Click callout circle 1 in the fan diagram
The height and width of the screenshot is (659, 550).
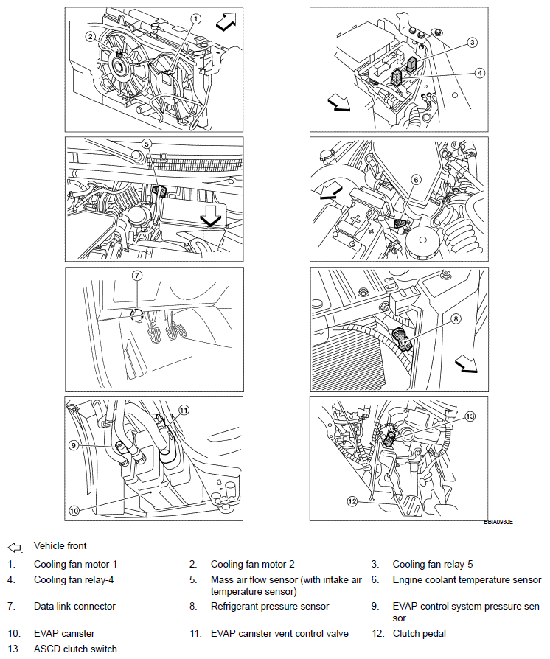[x=195, y=18]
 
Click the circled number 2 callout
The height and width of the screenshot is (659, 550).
[x=89, y=35]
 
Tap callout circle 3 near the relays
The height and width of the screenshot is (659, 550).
[x=472, y=43]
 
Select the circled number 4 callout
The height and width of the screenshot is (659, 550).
[x=479, y=72]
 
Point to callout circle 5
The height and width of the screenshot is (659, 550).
[x=147, y=145]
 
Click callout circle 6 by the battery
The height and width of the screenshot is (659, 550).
[x=415, y=179]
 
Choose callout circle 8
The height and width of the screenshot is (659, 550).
[x=456, y=319]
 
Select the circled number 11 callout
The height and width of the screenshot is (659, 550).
[x=184, y=410]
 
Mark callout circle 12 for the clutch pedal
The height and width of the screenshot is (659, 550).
[x=353, y=501]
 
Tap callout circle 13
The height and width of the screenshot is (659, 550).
[x=470, y=416]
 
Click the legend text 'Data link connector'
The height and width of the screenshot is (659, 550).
[x=74, y=607]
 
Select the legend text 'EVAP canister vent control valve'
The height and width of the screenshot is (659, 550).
[x=279, y=633]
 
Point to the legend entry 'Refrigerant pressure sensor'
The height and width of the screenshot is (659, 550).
[x=270, y=607]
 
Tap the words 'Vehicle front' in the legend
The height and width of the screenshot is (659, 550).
[x=60, y=546]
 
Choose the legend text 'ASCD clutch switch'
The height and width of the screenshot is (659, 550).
[x=75, y=649]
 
